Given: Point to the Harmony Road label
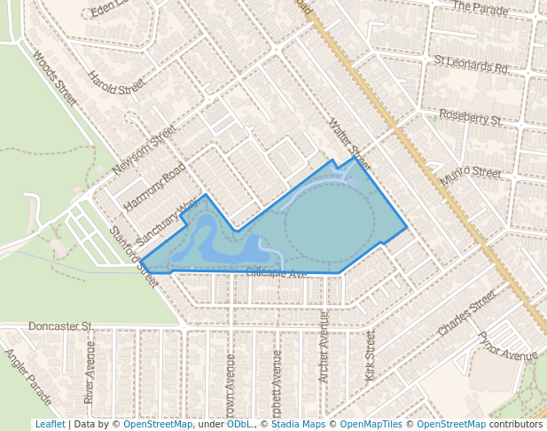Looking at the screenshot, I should tap(154, 187).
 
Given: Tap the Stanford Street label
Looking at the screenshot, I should tap(134, 257).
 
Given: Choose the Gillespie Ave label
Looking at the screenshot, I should tap(277, 273).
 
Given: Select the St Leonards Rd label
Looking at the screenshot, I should tap(471, 66).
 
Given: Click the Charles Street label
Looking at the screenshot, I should tap(467, 313).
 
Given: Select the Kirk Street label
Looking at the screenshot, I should tap(371, 357).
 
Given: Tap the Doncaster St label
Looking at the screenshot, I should tap(61, 326).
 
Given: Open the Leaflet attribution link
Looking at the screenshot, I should tap(50, 424).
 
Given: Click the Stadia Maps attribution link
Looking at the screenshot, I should tap(298, 424).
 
